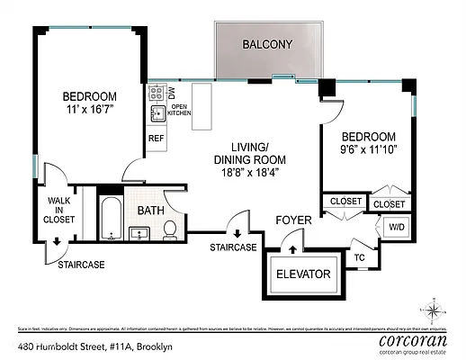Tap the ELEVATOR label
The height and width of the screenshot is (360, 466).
302,274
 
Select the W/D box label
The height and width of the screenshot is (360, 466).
397,228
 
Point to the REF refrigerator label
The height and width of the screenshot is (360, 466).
156,139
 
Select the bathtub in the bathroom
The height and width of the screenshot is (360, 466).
110,220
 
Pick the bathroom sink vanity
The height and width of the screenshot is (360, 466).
140,235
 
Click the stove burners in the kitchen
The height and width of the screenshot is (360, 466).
156,92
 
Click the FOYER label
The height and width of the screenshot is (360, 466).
293,218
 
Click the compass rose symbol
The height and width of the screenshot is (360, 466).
435,312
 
